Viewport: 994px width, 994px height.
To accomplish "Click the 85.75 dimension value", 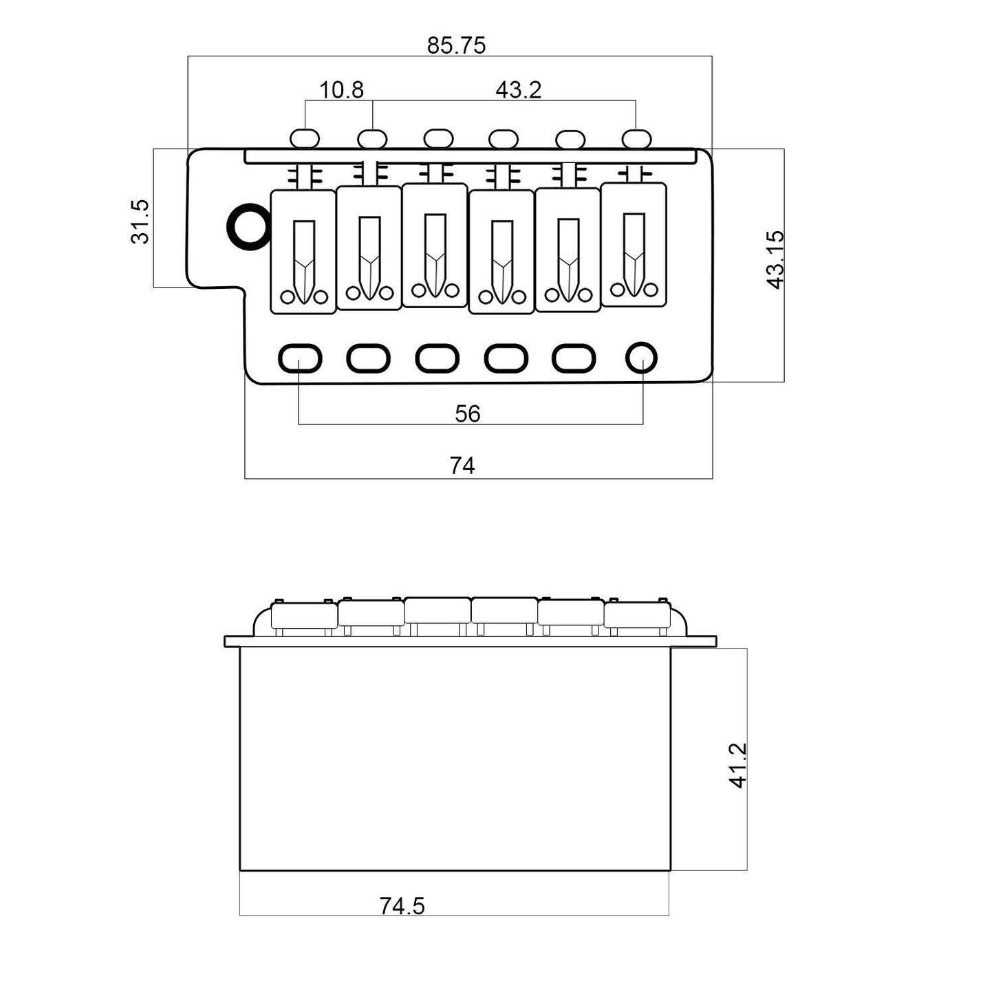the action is (456, 46).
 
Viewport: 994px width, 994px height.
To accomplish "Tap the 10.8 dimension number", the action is (341, 90).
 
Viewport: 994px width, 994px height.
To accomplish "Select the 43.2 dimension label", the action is (518, 90).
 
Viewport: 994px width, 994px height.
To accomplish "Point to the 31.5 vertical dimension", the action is (140, 222).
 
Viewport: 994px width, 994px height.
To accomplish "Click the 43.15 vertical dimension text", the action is (775, 260).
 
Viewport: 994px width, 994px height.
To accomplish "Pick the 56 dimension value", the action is (467, 413).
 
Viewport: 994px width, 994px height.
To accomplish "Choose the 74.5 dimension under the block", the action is (402, 906).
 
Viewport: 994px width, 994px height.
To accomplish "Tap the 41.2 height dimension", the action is (737, 766).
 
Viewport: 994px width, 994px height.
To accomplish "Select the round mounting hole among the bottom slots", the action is (641, 358).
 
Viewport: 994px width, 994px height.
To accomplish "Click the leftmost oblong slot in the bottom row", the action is (300, 358).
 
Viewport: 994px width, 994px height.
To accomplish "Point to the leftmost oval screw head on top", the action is (305, 139).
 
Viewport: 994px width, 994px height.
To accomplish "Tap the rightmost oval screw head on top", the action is (636, 139).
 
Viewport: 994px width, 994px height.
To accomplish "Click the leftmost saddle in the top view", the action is (303, 252).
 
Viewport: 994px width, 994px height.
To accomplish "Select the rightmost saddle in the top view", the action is (634, 244).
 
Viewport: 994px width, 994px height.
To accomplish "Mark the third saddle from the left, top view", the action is (434, 246).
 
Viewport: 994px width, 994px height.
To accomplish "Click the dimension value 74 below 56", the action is (462, 466).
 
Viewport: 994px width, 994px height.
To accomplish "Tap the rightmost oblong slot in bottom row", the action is (574, 358).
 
